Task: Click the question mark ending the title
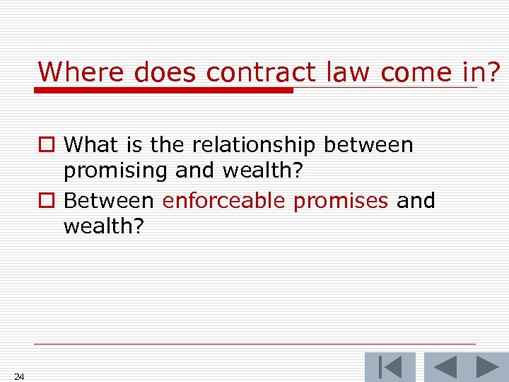click(x=493, y=71)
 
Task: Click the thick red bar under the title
click(x=164, y=91)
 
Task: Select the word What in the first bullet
click(x=89, y=145)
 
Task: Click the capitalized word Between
click(x=109, y=201)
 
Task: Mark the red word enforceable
click(x=223, y=201)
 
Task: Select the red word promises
click(x=341, y=201)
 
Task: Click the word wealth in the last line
click(x=101, y=227)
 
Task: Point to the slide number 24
click(x=19, y=376)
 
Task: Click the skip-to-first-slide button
click(x=390, y=367)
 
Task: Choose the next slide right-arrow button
click(x=487, y=367)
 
